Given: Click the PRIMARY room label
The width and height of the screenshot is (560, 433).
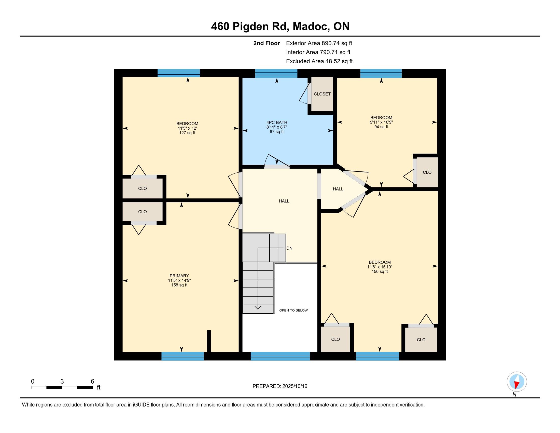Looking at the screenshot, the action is tap(179, 276).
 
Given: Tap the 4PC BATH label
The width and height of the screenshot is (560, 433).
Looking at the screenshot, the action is tap(277, 123).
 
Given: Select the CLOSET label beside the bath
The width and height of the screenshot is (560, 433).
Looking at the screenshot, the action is tap(322, 94).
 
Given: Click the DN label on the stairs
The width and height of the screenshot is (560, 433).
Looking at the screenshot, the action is tap(289, 248).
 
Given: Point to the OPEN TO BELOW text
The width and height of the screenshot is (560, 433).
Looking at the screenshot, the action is tap(293, 310).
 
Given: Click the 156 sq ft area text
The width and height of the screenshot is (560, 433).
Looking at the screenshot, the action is tap(380, 272).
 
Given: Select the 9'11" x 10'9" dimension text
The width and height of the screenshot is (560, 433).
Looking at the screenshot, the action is tap(381, 122).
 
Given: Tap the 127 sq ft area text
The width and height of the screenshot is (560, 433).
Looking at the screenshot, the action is tap(187, 133).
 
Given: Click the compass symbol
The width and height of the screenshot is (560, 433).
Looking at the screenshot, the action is tap(517, 382).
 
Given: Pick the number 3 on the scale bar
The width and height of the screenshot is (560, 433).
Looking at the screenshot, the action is tap(62, 382).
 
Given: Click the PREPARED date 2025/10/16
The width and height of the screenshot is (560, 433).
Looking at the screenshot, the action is tap(294, 386).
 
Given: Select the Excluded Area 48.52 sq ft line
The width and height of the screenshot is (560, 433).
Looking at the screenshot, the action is tap(319, 61).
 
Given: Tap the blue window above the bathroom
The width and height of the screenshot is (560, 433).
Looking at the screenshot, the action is tap(276, 73).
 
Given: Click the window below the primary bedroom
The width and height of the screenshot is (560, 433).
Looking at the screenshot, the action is tap(183, 356).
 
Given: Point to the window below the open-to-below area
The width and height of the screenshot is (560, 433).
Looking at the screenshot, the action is tap(280, 356).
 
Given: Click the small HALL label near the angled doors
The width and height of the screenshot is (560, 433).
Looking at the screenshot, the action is tap(338, 189).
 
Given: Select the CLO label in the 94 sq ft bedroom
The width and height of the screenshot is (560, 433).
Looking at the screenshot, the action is tap(427, 172).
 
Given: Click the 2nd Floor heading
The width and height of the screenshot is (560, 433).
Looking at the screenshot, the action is tap(267, 43).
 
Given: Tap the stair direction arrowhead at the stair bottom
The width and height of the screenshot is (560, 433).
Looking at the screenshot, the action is tap(258, 308).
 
